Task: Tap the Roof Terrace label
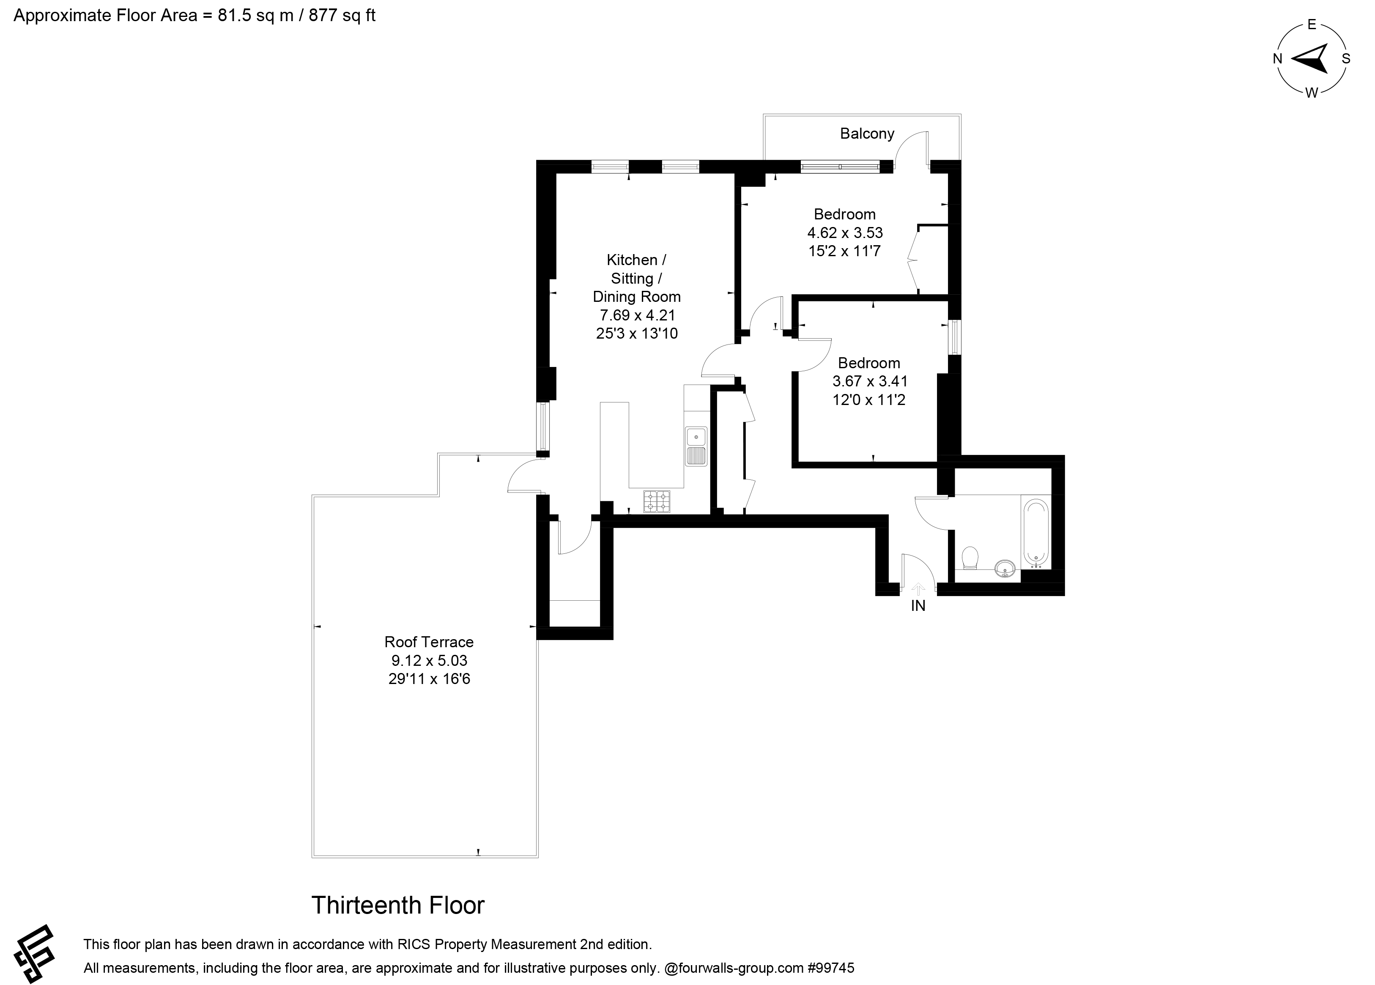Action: tap(429, 642)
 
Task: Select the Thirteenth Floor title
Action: tap(398, 905)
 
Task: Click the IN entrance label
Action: tap(918, 605)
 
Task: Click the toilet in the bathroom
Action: tap(970, 558)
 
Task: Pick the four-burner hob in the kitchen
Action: tap(657, 501)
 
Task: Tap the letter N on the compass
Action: tap(1277, 59)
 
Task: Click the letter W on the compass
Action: tap(1311, 93)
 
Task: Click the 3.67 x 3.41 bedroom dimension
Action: tap(869, 381)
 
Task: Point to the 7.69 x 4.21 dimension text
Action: tap(637, 315)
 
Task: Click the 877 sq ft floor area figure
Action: tap(342, 16)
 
